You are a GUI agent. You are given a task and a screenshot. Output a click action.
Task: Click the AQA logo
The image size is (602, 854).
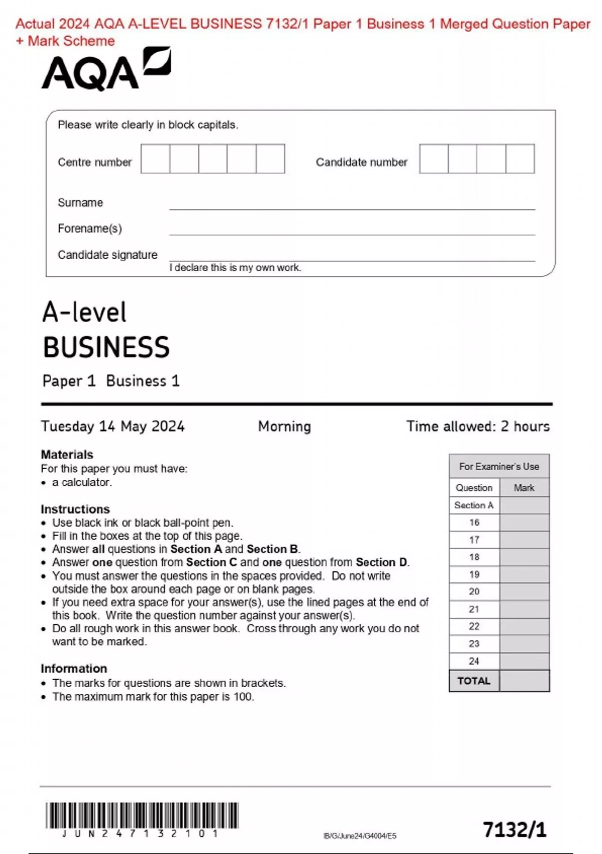pos(106,70)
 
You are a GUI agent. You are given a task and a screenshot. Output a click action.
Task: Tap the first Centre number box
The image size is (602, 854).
pos(155,159)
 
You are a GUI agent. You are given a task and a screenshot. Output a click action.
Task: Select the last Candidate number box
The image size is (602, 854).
pos(520,159)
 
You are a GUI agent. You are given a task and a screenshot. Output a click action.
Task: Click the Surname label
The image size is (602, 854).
pos(80,202)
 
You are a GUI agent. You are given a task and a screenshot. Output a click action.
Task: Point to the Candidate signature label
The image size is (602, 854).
pos(107,255)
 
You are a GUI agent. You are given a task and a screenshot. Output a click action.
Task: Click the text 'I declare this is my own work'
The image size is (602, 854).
pos(235,268)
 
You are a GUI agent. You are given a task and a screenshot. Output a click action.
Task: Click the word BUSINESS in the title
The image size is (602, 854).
pos(106,347)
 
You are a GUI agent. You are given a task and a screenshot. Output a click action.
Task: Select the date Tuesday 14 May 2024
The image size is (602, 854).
pos(113,426)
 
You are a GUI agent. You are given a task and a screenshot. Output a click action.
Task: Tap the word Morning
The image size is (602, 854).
pos(284,426)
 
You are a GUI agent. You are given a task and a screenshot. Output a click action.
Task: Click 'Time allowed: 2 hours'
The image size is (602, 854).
pos(478,426)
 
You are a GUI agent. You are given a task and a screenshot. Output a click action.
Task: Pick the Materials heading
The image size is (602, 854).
pos(67,455)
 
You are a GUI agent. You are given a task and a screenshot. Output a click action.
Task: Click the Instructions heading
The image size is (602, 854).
pos(75,509)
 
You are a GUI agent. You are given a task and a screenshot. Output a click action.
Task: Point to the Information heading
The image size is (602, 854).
pos(74,669)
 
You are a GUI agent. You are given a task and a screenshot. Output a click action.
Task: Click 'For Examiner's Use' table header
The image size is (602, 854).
pos(499,467)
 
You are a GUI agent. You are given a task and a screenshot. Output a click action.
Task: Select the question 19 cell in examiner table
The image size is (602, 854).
pos(474,574)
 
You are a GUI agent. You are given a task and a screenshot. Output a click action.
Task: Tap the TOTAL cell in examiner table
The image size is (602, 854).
pos(474,681)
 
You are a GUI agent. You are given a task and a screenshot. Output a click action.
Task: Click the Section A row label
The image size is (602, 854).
pos(474,505)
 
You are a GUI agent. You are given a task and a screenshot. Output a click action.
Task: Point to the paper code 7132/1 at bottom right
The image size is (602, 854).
pos(514,829)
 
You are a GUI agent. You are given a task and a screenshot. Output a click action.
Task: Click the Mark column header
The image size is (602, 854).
pos(524,488)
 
